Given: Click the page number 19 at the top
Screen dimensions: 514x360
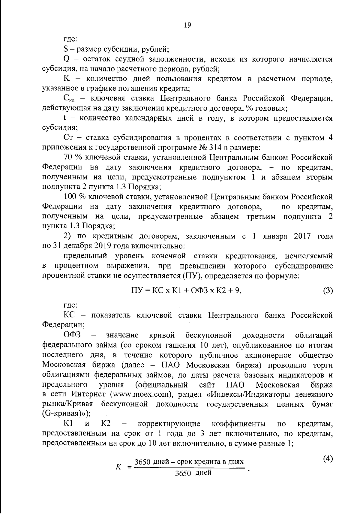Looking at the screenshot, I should tap(187, 25).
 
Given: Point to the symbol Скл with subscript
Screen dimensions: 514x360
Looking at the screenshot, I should tap(70, 99).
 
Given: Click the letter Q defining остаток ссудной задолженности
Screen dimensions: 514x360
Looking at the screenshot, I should tap(67, 59).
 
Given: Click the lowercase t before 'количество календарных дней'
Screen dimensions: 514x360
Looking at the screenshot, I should tap(65, 118).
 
